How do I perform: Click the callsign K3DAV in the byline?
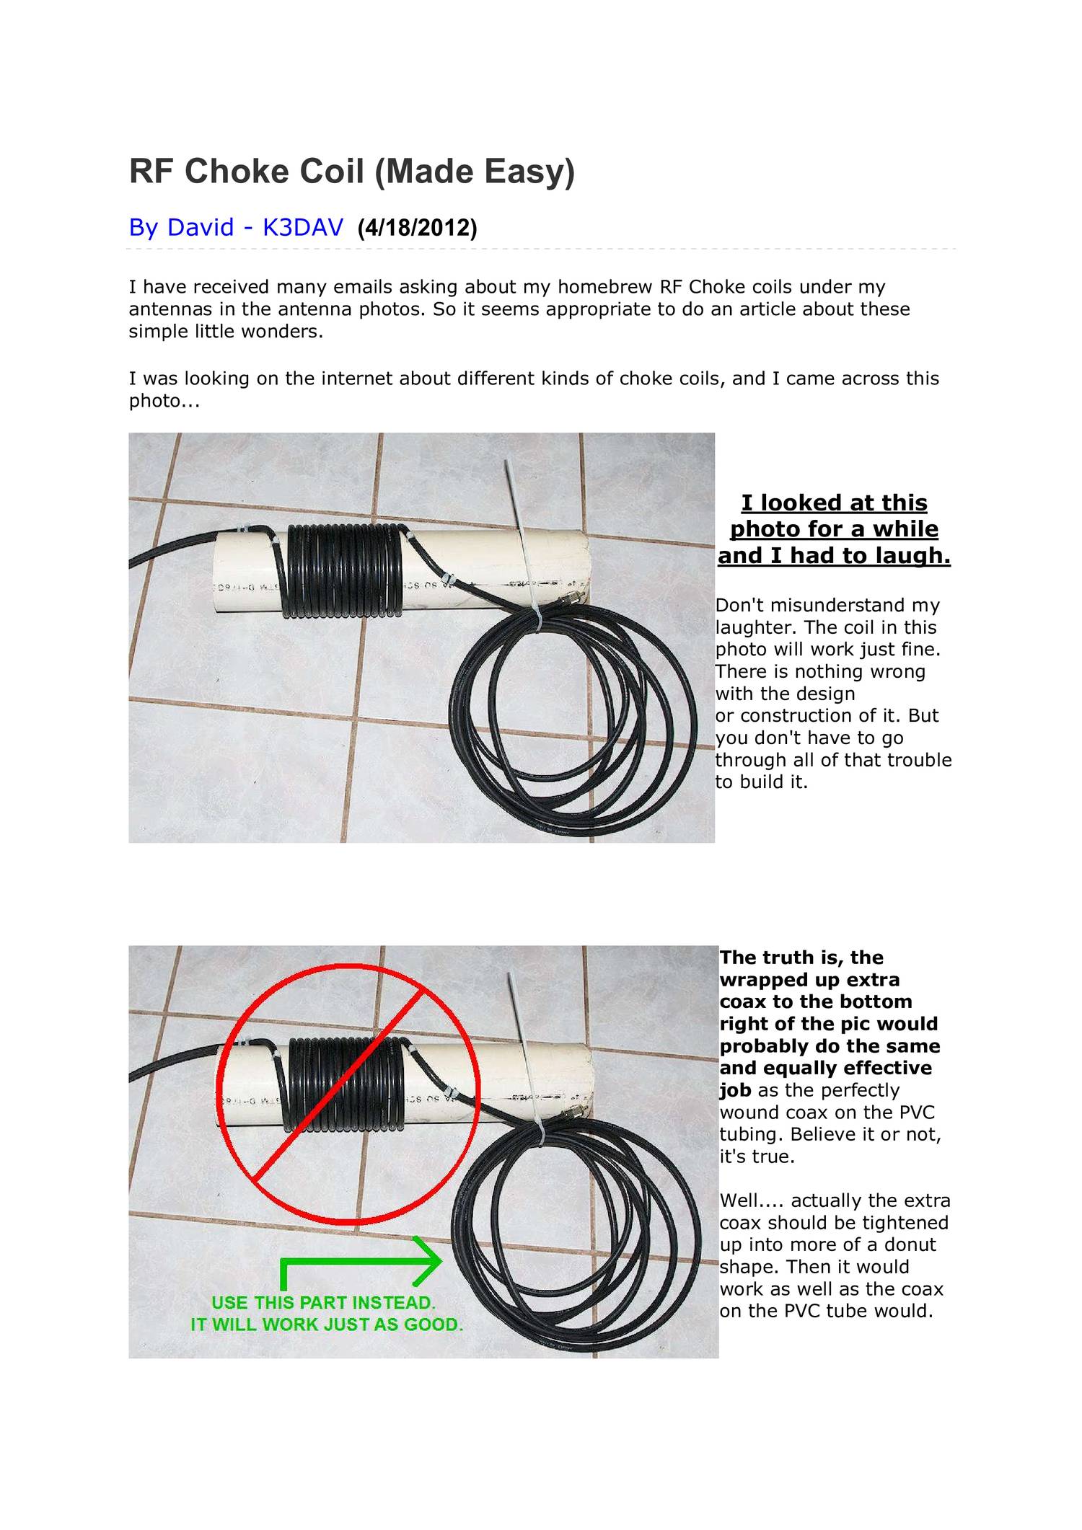302,228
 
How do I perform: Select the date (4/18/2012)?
417,228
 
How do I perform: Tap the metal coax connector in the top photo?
575,598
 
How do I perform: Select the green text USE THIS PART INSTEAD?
323,1303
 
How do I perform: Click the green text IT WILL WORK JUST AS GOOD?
326,1325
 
